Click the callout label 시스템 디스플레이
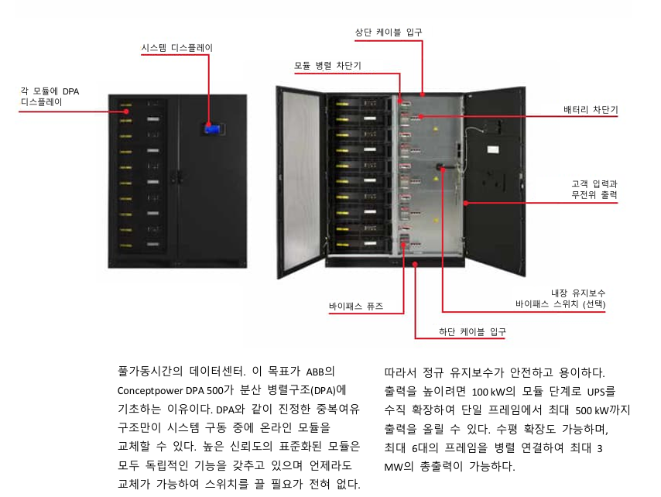point(176,48)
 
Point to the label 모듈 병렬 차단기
point(327,66)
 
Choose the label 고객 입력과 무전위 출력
point(594,190)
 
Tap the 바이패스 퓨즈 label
point(356,307)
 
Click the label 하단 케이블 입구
point(472,331)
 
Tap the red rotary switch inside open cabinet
point(440,166)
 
